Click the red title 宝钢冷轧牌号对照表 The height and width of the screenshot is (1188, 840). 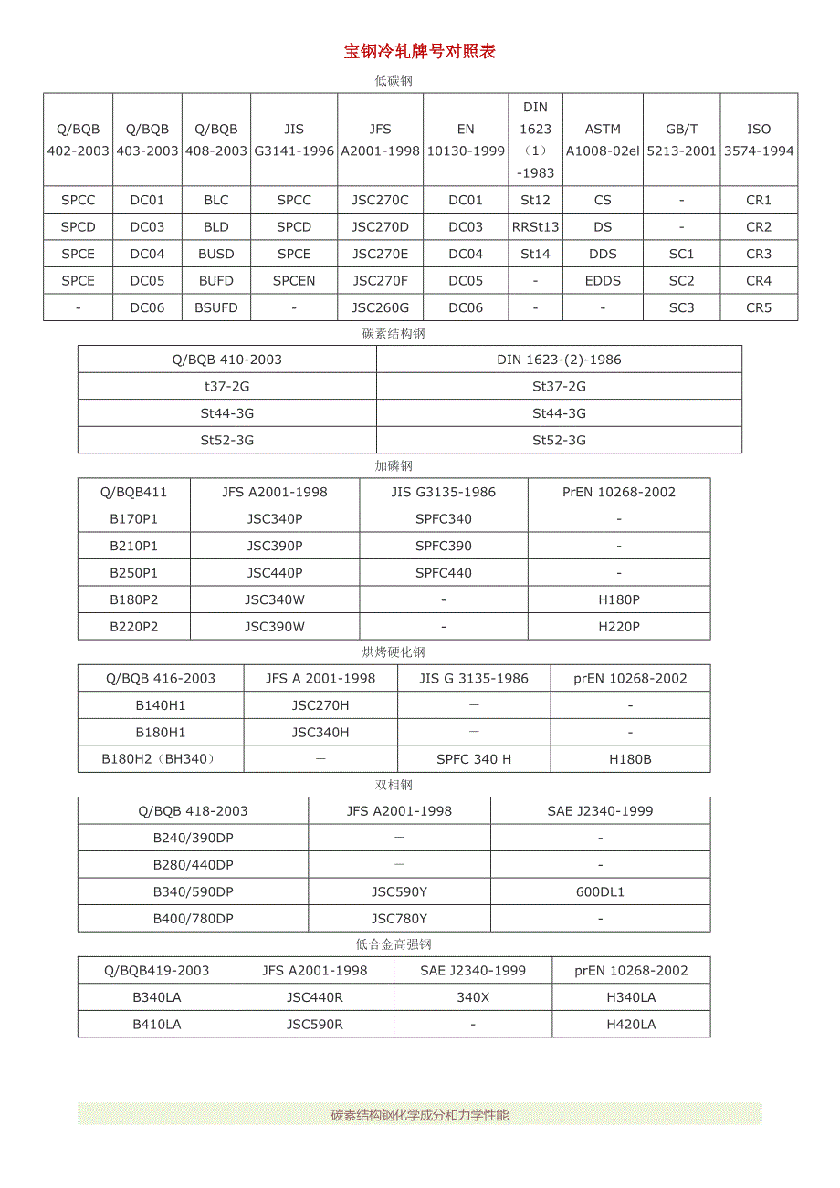click(x=420, y=52)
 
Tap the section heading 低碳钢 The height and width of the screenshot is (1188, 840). click(x=394, y=80)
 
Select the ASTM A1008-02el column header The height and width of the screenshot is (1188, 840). click(x=603, y=140)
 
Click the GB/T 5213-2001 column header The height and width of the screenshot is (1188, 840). click(x=681, y=140)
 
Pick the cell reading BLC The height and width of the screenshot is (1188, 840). click(x=216, y=200)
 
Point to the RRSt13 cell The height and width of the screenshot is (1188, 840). click(x=536, y=227)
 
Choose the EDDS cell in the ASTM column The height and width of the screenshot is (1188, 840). click(x=603, y=281)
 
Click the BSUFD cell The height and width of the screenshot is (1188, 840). click(x=216, y=307)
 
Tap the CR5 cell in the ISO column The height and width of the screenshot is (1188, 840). click(x=759, y=307)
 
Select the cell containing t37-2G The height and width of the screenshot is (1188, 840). click(x=227, y=386)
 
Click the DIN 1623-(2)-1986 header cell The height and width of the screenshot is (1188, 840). click(x=559, y=360)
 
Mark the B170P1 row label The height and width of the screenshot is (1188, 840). click(x=134, y=519)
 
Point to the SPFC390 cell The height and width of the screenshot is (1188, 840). click(x=444, y=546)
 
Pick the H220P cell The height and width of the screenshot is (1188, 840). click(x=619, y=627)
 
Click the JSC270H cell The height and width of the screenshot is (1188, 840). click(x=320, y=705)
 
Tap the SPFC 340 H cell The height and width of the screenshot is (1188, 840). click(x=474, y=759)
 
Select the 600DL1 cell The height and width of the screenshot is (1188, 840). click(x=600, y=891)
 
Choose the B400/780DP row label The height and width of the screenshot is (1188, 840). click(x=193, y=919)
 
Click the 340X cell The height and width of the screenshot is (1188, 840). click(x=473, y=997)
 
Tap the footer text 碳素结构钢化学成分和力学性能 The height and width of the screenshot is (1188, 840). click(x=420, y=1114)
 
